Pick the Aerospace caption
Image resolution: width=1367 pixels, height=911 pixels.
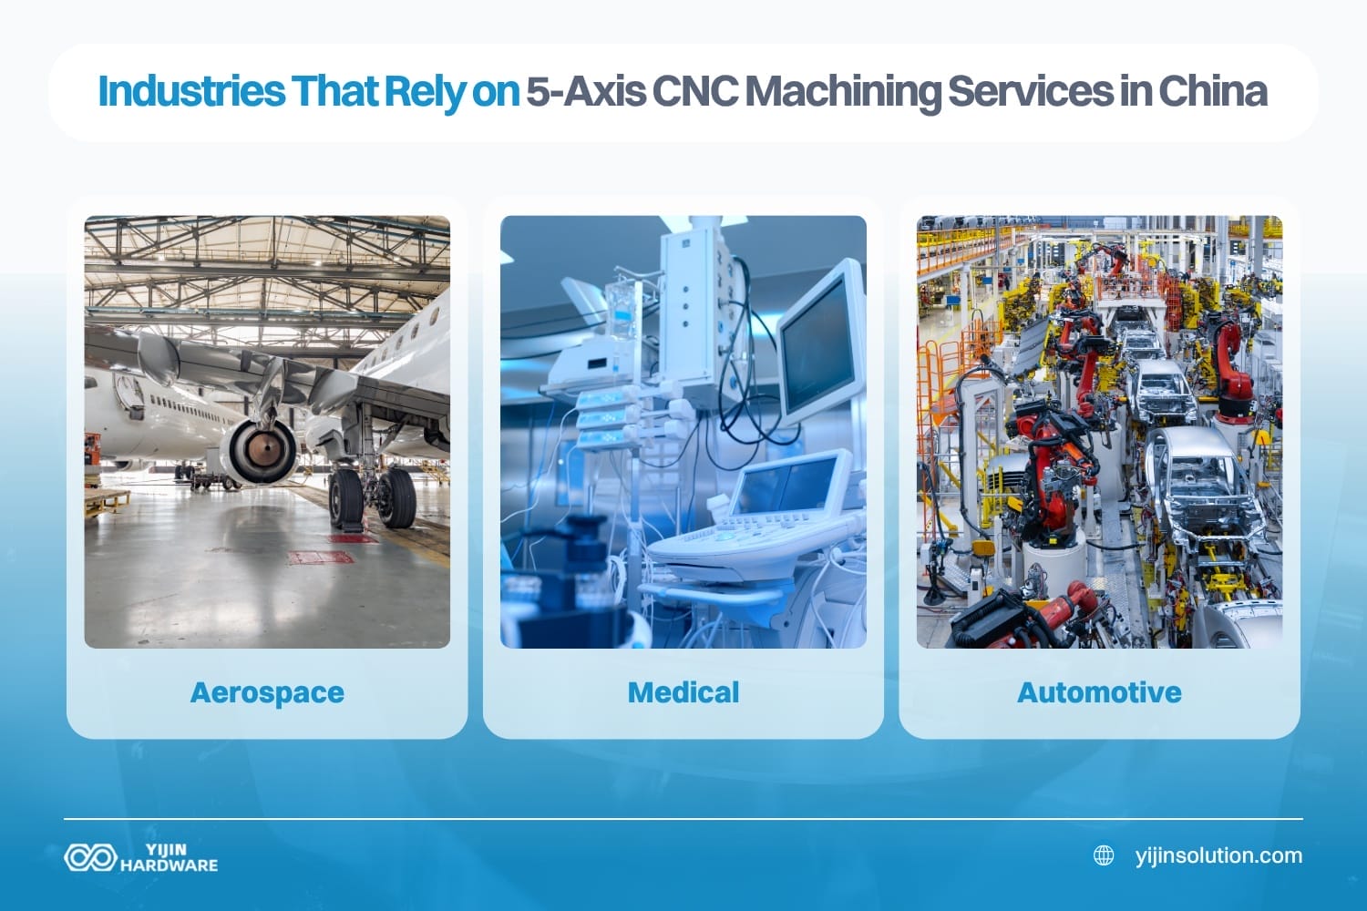point(267,692)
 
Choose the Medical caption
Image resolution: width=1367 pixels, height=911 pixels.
point(683,692)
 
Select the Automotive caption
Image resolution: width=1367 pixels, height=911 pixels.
point(1099,692)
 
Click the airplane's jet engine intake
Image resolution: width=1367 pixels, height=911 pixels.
point(263,452)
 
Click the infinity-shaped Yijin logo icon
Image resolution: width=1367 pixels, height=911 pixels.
point(88,857)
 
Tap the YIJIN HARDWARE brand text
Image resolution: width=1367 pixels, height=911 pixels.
point(169,857)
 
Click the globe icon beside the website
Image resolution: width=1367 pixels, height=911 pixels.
point(1104,855)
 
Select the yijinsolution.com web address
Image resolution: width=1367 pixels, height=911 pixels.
point(1218,855)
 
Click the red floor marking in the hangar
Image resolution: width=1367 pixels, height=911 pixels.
point(321,557)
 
